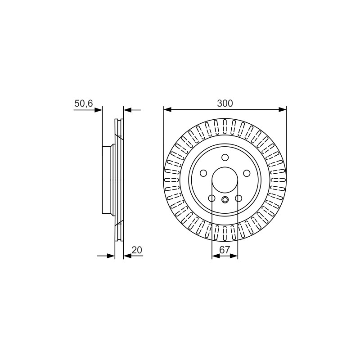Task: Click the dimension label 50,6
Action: click(84, 103)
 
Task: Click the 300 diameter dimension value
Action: click(225, 103)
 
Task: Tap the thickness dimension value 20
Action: click(137, 250)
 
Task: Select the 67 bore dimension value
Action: click(225, 250)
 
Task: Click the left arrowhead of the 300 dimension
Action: click(167, 110)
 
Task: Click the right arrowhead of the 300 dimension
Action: click(283, 110)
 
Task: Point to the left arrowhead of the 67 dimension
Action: click(216, 256)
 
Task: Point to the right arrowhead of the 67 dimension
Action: click(234, 256)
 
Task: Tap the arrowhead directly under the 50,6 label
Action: click(98, 110)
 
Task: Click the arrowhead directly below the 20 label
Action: click(127, 256)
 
